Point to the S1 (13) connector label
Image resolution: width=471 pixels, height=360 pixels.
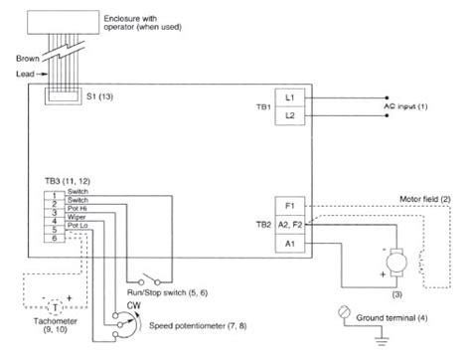point(102,99)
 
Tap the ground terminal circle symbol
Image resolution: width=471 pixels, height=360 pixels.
point(345,310)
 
